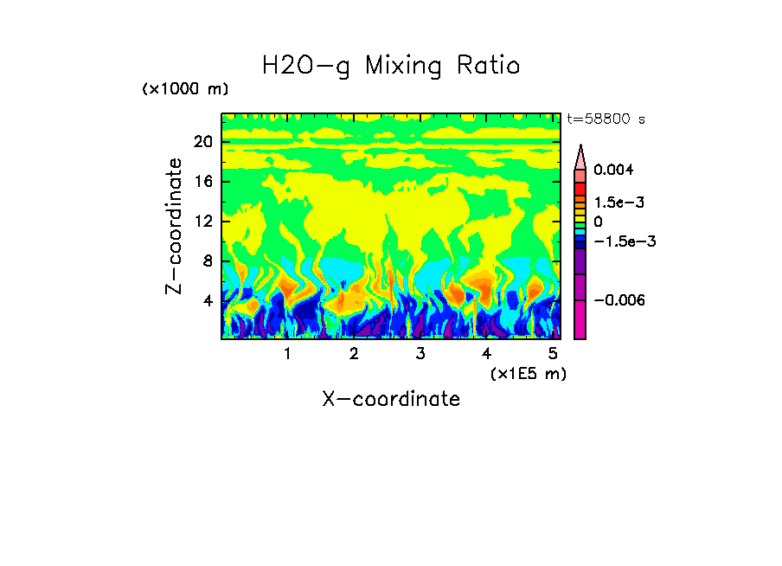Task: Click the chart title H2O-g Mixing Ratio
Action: coord(391,66)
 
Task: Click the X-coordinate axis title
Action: coord(391,399)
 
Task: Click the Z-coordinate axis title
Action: coord(174,226)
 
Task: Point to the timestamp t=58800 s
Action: coord(606,119)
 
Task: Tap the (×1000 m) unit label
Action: coord(185,90)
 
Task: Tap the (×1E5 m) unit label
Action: coord(528,373)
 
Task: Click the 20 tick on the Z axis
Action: coord(202,142)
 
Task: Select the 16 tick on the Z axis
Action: coord(202,182)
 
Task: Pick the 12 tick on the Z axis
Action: coord(202,222)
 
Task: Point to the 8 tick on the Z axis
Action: coord(207,261)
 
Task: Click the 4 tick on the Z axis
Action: coord(207,301)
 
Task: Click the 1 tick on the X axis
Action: coord(287,354)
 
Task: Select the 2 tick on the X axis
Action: coord(354,354)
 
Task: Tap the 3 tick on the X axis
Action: coord(420,354)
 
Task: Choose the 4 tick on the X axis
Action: coord(486,354)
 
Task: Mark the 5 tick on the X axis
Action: coord(552,354)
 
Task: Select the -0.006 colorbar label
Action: coord(619,299)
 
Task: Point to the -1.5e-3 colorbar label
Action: coord(624,241)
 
